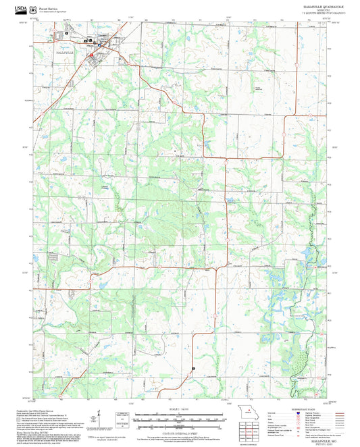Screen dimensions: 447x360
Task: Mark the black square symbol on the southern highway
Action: pyautogui.click(x=192, y=368)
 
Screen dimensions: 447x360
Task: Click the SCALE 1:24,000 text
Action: pyautogui.click(x=180, y=409)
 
